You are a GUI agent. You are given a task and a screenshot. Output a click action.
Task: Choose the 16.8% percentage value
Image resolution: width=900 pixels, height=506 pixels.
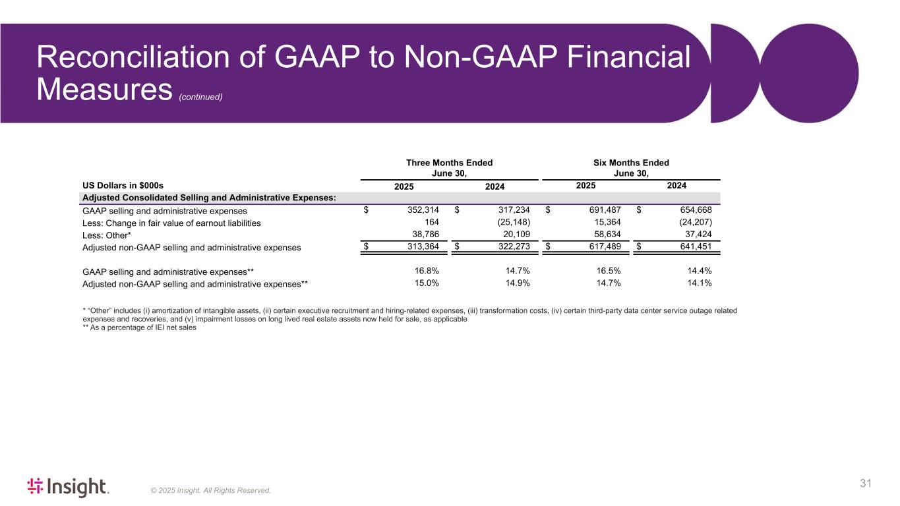point(427,271)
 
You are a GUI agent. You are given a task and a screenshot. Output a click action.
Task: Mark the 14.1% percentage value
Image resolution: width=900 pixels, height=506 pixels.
point(699,283)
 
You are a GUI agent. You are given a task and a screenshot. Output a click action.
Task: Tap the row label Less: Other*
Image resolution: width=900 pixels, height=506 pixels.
point(107,235)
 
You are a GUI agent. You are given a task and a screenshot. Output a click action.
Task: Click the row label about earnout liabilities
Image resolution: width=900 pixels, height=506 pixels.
point(171,223)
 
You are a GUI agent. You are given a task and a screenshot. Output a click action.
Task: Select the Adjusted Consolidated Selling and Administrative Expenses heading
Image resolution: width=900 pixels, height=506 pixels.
point(209,198)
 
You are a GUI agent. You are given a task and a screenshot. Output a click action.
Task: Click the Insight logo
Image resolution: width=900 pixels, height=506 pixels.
point(68,487)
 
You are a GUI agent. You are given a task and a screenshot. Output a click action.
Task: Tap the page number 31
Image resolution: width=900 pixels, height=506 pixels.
point(866,484)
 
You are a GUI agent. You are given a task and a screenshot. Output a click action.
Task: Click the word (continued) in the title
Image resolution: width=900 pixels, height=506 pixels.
point(200,97)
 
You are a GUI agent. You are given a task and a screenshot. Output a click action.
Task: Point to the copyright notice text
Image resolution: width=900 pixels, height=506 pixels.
point(210,490)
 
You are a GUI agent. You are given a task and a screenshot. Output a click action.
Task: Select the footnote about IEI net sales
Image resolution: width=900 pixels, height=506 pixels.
point(139,327)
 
